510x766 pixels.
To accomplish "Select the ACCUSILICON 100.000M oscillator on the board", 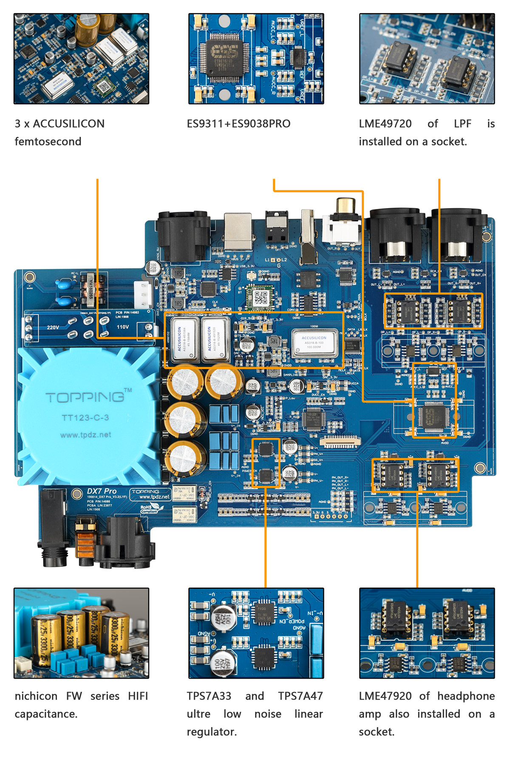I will click(x=314, y=343).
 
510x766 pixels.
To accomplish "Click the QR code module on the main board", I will click(x=261, y=297).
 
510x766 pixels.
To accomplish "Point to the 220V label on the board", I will click(x=53, y=327).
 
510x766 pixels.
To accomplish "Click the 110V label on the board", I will click(x=123, y=327).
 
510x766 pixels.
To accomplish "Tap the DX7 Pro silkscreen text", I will click(x=102, y=491).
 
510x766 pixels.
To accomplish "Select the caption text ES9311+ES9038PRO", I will click(x=238, y=124).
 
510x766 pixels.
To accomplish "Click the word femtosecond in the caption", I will click(x=48, y=142).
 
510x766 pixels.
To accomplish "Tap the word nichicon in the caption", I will click(x=36, y=696).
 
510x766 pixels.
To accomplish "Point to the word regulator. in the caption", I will click(x=212, y=732).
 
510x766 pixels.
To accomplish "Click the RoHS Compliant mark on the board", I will click(x=150, y=509).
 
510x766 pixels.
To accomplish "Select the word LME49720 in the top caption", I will click(x=385, y=124).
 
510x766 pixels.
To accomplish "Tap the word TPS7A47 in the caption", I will click(x=300, y=696).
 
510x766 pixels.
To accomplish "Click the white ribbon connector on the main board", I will click(x=340, y=442).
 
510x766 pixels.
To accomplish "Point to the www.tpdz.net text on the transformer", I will click(x=85, y=435).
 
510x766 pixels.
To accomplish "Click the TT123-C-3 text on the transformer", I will click(x=85, y=418).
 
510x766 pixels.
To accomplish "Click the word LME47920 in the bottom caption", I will click(x=385, y=696).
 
